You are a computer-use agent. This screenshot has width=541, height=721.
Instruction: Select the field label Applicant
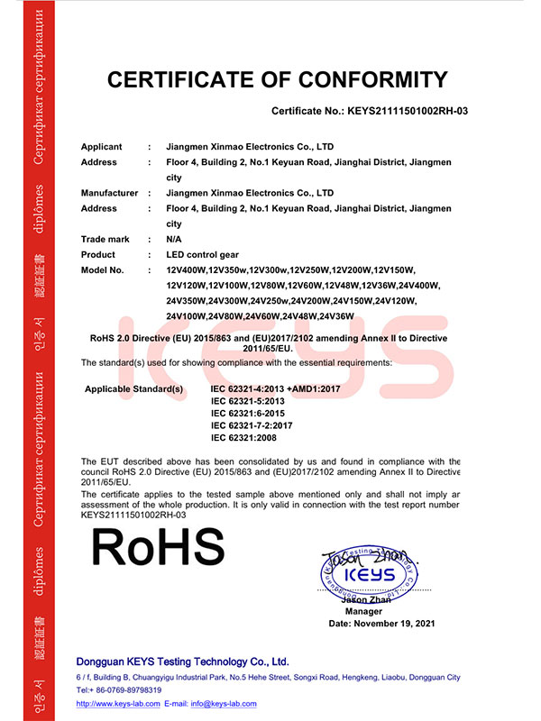(101, 147)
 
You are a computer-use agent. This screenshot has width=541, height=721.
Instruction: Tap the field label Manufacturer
(109, 193)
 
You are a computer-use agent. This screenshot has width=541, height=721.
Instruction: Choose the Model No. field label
(104, 269)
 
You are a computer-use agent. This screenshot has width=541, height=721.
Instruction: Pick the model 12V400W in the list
(187, 270)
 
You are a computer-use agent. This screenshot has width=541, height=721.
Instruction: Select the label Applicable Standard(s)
(133, 388)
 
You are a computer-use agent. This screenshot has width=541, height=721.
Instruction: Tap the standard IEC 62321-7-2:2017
(252, 424)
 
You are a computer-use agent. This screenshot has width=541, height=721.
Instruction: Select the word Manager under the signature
(366, 611)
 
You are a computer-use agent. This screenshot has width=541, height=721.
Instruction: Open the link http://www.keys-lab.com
(118, 704)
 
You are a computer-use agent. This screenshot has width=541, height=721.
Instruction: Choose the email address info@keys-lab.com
(223, 704)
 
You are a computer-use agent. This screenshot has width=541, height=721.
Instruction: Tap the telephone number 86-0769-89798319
(133, 689)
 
